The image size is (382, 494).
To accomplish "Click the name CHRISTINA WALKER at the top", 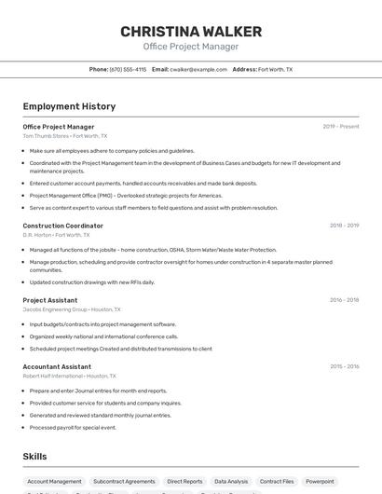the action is click(191, 32).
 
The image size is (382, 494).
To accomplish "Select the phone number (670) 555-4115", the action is click(128, 69).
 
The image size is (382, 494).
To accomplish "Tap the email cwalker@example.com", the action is click(198, 69).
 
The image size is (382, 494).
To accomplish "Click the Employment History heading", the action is click(69, 106).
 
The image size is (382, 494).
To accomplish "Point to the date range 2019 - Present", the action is click(341, 126).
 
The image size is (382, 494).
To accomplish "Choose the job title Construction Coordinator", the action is click(62, 226).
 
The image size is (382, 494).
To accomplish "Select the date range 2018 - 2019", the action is click(344, 225).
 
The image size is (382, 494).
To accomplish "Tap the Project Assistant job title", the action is click(49, 300).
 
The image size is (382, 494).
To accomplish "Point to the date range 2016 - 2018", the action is click(344, 300).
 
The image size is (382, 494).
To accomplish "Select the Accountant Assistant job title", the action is click(57, 366).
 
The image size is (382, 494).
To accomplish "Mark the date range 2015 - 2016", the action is click(344, 366).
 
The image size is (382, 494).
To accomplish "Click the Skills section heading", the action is click(34, 456).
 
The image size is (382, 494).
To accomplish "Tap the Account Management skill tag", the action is click(54, 482).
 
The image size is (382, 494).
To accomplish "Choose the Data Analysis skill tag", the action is click(231, 482).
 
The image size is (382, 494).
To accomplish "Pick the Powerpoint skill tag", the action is click(320, 482).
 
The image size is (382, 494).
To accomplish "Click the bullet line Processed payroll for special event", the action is click(73, 427).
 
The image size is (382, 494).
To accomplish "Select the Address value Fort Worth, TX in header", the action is click(275, 69).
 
